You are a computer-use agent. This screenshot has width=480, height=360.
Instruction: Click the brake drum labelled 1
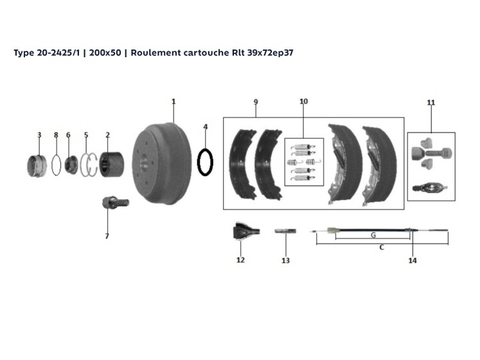click(x=161, y=164)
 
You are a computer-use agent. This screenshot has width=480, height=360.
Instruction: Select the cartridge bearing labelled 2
click(x=112, y=165)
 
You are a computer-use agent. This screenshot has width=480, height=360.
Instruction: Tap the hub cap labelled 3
click(x=37, y=166)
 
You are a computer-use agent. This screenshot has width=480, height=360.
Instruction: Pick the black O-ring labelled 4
click(x=205, y=162)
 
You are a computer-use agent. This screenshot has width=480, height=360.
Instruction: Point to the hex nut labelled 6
click(x=71, y=165)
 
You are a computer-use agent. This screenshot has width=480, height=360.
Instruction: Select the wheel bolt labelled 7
click(x=116, y=203)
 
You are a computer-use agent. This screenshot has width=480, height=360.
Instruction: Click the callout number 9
click(x=256, y=102)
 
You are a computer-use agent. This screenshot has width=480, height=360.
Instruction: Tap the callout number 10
click(x=304, y=102)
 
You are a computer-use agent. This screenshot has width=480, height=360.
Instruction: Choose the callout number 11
click(x=431, y=103)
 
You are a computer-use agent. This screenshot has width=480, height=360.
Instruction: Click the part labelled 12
click(x=246, y=231)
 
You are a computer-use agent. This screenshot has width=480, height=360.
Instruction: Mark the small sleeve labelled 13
click(x=285, y=231)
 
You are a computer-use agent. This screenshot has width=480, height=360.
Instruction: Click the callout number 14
click(x=413, y=260)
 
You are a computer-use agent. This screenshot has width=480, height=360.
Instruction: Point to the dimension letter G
click(x=373, y=235)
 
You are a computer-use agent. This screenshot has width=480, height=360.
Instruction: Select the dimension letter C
click(x=382, y=248)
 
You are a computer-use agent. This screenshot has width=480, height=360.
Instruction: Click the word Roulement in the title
click(x=156, y=53)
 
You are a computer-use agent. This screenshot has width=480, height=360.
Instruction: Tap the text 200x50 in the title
click(x=105, y=53)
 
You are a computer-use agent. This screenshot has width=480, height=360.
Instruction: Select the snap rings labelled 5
click(x=89, y=165)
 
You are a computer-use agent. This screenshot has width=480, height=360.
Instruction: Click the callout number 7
click(x=107, y=236)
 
